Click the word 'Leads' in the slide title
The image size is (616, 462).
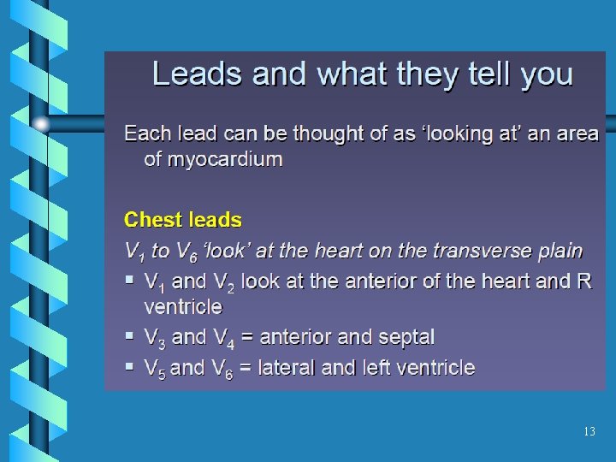[188, 74]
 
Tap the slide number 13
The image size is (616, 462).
[589, 432]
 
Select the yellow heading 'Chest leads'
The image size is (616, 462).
[183, 220]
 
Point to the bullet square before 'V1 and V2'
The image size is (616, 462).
[128, 280]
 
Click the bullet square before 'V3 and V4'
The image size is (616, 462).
[128, 336]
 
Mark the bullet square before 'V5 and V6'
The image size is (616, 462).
[128, 367]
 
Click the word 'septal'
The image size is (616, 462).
[406, 337]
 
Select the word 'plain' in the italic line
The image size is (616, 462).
[560, 251]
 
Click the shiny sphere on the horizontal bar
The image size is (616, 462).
[42, 124]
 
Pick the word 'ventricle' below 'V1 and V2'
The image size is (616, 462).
[182, 306]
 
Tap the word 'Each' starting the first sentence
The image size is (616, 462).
[146, 134]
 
